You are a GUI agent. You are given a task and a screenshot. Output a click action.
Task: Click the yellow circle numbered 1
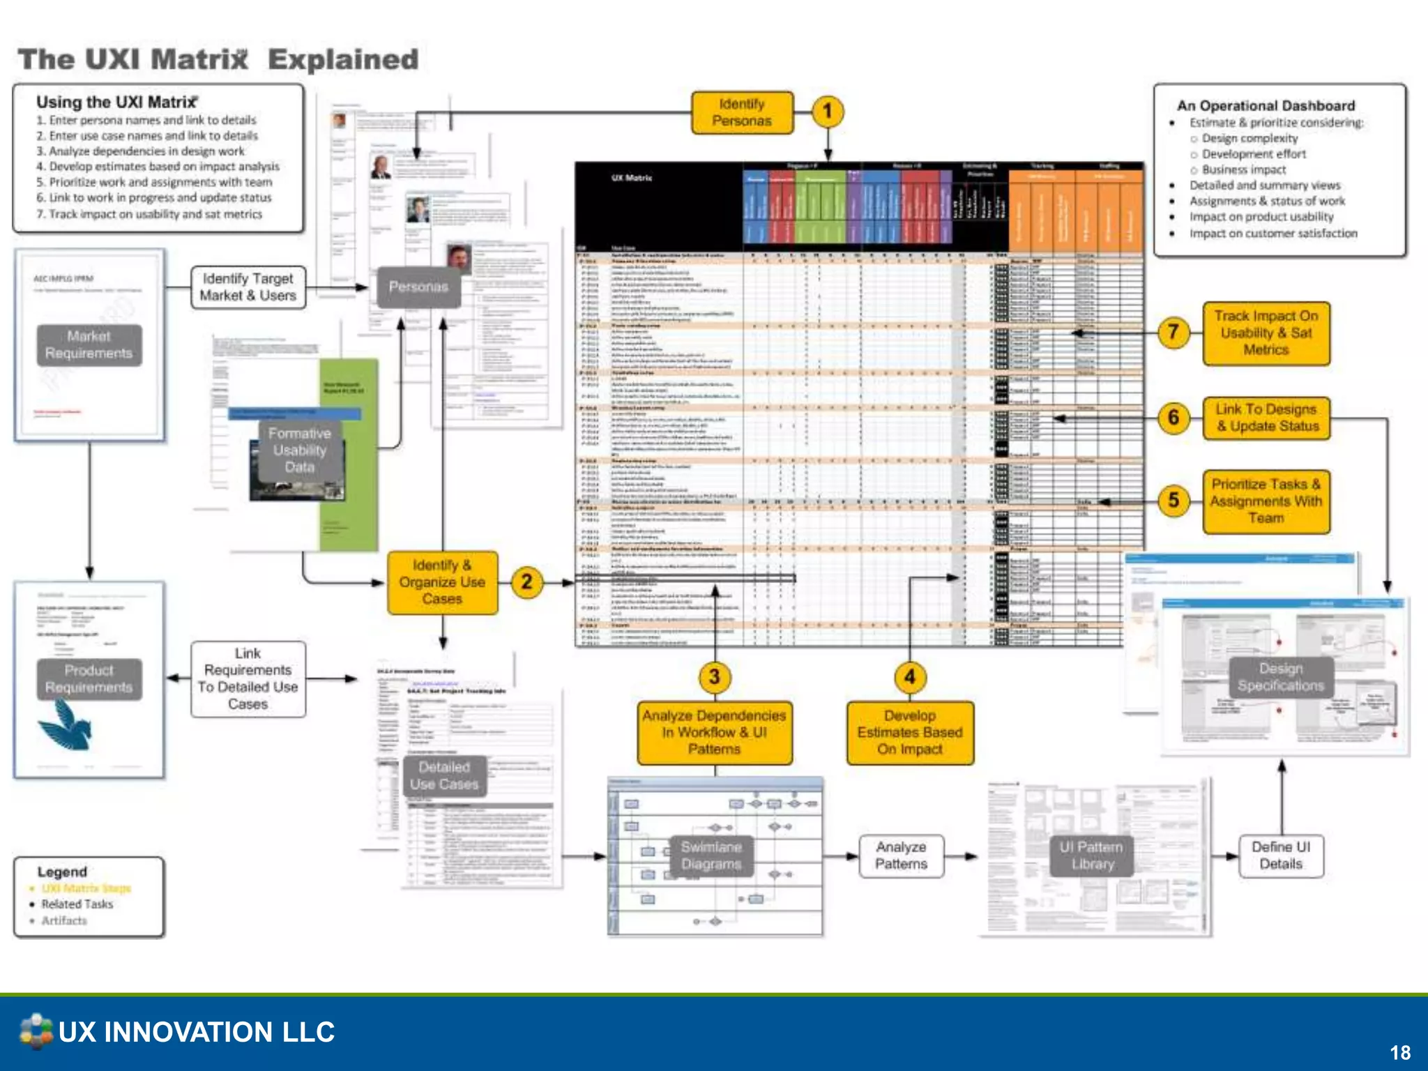tap(827, 112)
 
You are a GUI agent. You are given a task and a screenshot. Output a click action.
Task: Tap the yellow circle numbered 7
tap(1173, 333)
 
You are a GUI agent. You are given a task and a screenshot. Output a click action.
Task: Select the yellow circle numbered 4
tap(909, 676)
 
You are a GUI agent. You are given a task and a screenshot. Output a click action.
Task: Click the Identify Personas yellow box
tap(742, 112)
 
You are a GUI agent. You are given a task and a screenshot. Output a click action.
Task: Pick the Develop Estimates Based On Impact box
tap(909, 732)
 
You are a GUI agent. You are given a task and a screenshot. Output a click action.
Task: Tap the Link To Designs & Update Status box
tap(1266, 418)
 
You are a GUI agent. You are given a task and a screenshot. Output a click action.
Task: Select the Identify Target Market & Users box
tap(248, 287)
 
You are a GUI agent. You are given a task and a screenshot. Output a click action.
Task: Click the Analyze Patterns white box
tap(901, 856)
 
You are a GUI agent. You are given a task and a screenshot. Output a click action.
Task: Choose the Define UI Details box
tap(1280, 856)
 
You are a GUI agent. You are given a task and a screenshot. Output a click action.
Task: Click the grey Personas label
tap(418, 287)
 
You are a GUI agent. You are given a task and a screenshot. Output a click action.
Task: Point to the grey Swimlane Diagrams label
tap(711, 856)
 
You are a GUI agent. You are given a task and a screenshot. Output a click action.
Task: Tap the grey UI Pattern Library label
tap(1091, 856)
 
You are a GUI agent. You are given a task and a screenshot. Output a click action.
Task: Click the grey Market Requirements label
tap(89, 344)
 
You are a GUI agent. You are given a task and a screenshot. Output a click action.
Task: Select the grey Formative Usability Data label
tap(299, 450)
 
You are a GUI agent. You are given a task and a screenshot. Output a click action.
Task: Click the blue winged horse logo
tap(67, 725)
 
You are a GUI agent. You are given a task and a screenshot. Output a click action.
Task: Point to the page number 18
tap(1399, 1052)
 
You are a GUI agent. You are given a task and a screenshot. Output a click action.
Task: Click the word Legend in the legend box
tap(62, 872)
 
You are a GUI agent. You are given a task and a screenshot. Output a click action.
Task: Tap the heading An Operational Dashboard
tap(1266, 105)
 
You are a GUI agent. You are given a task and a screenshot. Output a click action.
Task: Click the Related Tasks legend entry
tap(77, 904)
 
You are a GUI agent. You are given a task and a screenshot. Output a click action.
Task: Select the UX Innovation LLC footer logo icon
tap(36, 1031)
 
